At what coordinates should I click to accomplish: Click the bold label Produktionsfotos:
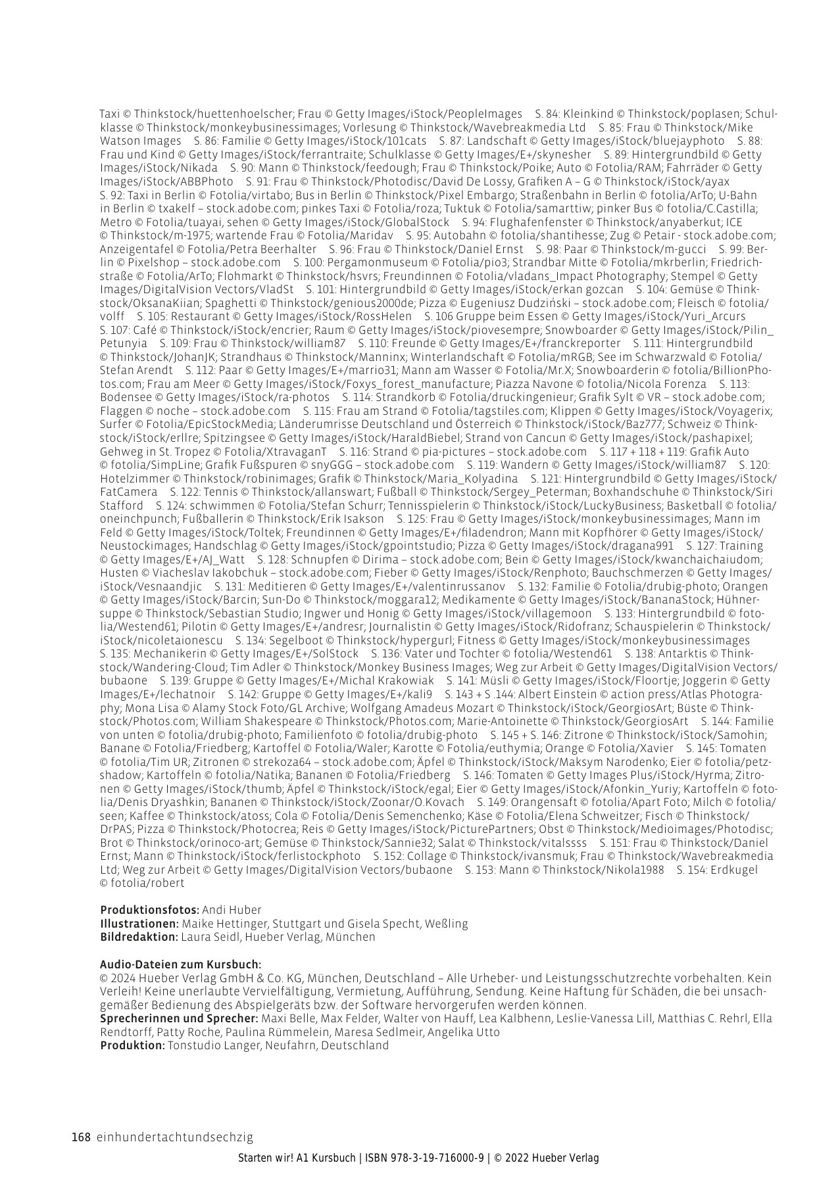[x=149, y=910]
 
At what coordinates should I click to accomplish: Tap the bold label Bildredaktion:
[x=139, y=937]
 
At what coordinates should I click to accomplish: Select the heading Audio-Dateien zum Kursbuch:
[x=180, y=964]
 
